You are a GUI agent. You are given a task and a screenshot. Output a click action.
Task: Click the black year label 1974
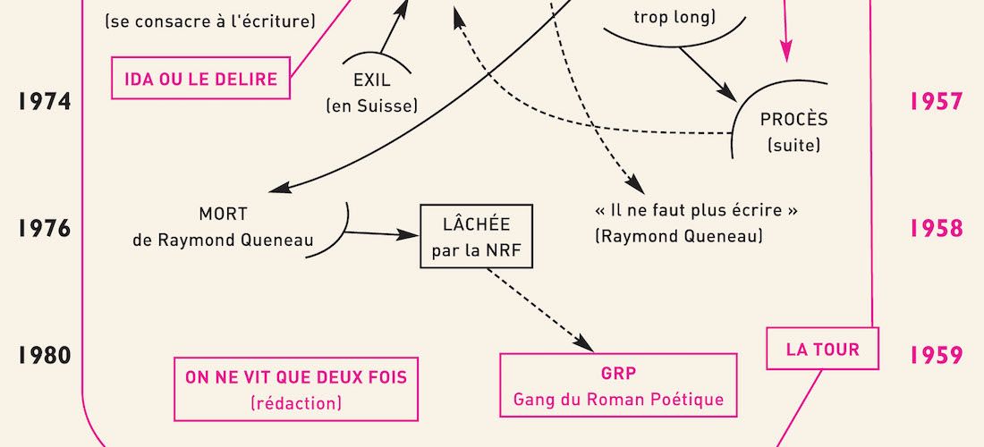(45, 102)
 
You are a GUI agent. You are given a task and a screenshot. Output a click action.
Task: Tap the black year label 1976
(45, 228)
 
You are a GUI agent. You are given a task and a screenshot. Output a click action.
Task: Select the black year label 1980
(45, 356)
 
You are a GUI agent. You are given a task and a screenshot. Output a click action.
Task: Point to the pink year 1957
(937, 102)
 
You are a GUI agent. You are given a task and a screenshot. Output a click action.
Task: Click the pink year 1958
(937, 228)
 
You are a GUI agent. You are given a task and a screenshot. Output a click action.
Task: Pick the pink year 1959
(937, 356)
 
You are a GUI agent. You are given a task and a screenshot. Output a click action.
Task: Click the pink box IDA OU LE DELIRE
(200, 79)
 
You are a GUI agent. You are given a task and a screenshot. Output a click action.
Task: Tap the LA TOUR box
(823, 349)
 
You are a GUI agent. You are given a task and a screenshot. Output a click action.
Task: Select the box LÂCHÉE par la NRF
(476, 236)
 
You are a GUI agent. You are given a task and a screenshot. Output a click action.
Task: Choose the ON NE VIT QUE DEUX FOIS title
(296, 377)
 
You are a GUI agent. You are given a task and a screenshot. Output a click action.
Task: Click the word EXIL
(372, 80)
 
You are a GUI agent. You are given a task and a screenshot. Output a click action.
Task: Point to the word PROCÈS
(793, 119)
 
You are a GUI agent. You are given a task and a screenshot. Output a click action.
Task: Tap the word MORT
(223, 215)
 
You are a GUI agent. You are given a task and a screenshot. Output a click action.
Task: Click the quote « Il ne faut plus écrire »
(696, 211)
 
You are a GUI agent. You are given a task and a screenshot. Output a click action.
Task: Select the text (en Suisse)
(372, 106)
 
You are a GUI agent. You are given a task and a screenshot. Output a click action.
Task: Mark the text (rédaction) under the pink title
(296, 402)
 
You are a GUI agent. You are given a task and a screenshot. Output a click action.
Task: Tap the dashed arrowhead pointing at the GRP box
(585, 344)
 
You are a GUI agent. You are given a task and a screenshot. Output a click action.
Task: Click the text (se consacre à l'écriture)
(209, 21)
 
